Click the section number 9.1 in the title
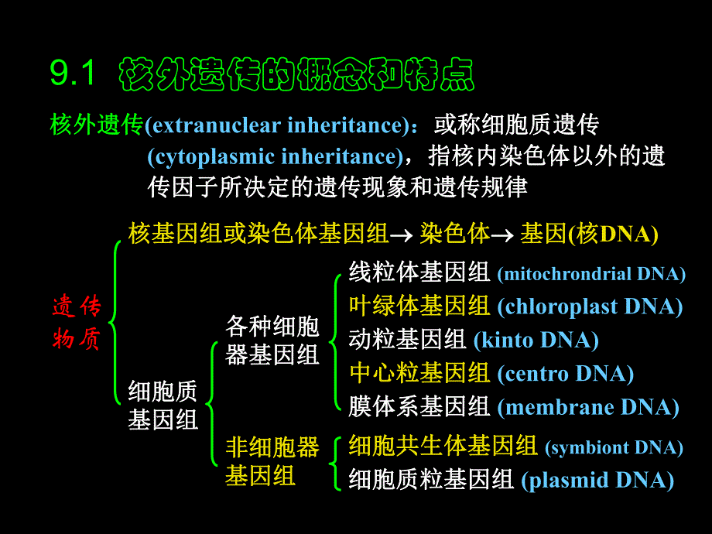point(73,74)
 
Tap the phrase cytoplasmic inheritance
point(276,157)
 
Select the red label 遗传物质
point(77,323)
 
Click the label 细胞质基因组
point(163,405)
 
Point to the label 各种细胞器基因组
point(272,340)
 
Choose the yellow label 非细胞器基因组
point(272,461)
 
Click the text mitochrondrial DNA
point(591,274)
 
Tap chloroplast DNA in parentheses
point(590,307)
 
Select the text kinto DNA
point(536,340)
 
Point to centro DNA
point(565,374)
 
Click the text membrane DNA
point(588,407)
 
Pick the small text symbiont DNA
point(614,447)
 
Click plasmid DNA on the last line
point(597,481)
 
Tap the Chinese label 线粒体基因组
point(419,272)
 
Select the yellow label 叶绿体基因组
point(419,306)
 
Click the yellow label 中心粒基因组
point(419,374)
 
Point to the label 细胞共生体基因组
point(443,446)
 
